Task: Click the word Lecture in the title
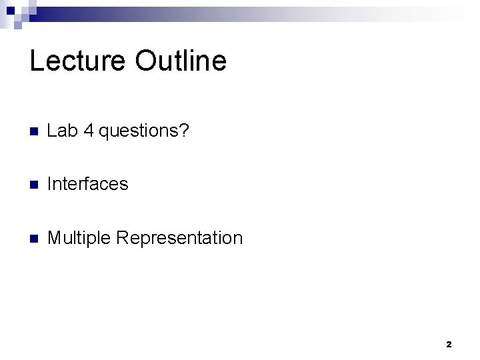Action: click(78, 61)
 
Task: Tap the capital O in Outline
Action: click(145, 61)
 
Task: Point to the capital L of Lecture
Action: click(36, 61)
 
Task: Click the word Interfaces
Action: click(88, 184)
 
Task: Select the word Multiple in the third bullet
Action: click(80, 238)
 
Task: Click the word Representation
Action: click(181, 238)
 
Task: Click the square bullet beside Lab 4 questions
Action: click(35, 131)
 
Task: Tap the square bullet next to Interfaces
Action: click(35, 185)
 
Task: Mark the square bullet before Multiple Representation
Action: click(35, 238)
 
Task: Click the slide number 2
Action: click(448, 345)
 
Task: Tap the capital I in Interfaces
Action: click(51, 184)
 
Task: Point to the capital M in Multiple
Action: click(55, 237)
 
